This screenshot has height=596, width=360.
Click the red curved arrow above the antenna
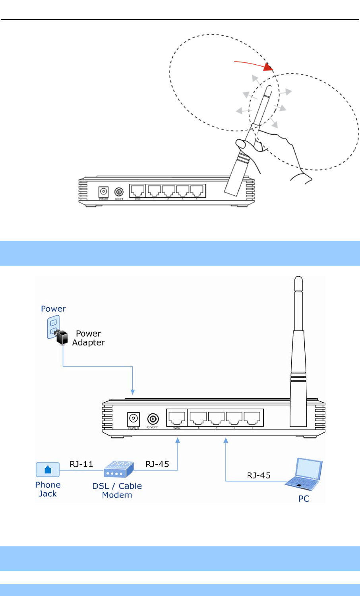point(254,65)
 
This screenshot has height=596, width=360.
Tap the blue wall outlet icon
point(53,326)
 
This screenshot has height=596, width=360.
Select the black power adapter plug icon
point(62,338)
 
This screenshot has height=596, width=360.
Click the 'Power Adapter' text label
point(88,338)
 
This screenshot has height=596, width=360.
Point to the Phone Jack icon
point(48,470)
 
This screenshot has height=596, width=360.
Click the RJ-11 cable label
point(81,464)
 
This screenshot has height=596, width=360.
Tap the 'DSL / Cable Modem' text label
point(117,490)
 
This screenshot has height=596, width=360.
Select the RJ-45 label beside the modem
point(157,464)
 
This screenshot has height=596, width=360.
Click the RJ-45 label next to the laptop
point(259,475)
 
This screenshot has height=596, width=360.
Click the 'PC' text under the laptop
point(304,499)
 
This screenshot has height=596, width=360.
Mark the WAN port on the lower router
point(177,418)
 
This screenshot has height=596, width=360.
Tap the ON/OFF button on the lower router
point(153,419)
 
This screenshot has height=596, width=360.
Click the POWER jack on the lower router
point(133,419)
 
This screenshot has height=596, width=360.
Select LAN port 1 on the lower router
point(252,418)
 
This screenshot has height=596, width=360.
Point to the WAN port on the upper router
point(137,191)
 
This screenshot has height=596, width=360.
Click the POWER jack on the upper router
point(104,192)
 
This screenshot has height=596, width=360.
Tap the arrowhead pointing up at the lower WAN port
point(178,440)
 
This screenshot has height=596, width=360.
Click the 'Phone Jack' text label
point(48,489)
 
